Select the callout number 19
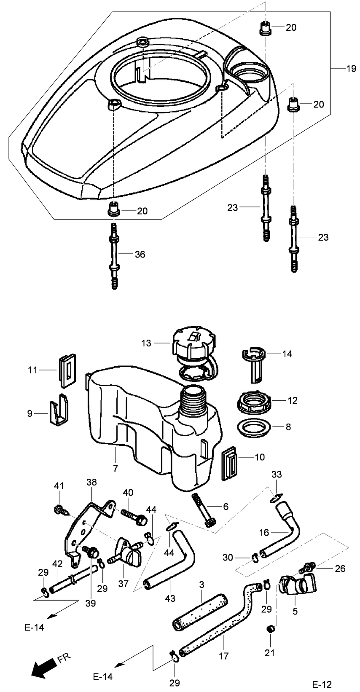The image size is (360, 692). tap(351, 69)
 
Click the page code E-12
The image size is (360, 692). tap(322, 684)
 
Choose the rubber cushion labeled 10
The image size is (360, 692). tap(230, 463)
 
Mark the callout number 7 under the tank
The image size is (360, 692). tap(116, 468)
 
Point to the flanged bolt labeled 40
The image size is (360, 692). tap(133, 517)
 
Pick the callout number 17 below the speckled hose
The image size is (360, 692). tap(223, 656)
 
